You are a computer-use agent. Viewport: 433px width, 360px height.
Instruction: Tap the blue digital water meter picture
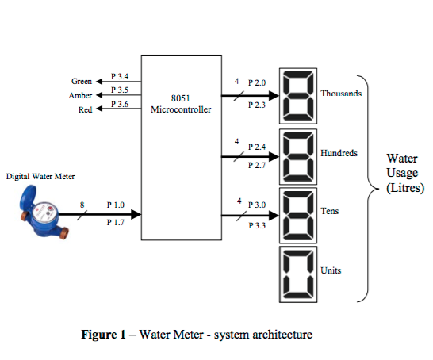(x=41, y=213)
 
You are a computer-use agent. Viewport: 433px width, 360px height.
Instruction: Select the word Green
(x=82, y=82)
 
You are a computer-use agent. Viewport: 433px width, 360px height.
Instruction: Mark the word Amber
(x=81, y=96)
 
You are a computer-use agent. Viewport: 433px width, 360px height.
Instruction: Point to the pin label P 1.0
(x=116, y=205)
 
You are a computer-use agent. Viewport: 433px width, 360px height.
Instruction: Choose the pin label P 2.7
(x=257, y=165)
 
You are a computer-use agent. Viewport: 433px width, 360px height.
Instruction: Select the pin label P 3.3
(x=257, y=226)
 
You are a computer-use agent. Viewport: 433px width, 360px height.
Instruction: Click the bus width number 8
(x=82, y=205)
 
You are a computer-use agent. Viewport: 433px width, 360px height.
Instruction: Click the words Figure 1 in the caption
(x=103, y=335)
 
